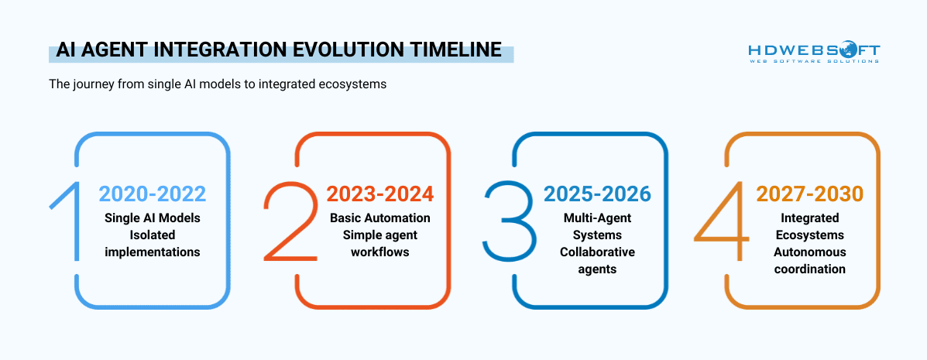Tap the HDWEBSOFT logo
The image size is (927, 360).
click(x=814, y=50)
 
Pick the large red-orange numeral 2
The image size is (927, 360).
click(x=291, y=221)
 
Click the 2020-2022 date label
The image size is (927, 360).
click(x=153, y=193)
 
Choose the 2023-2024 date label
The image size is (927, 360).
click(x=379, y=193)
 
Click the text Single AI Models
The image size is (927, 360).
click(x=153, y=218)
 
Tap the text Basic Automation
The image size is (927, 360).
click(x=379, y=218)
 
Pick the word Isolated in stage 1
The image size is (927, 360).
click(x=153, y=235)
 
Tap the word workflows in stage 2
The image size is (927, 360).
click(x=379, y=252)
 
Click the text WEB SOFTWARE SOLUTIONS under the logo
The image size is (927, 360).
click(x=814, y=61)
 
